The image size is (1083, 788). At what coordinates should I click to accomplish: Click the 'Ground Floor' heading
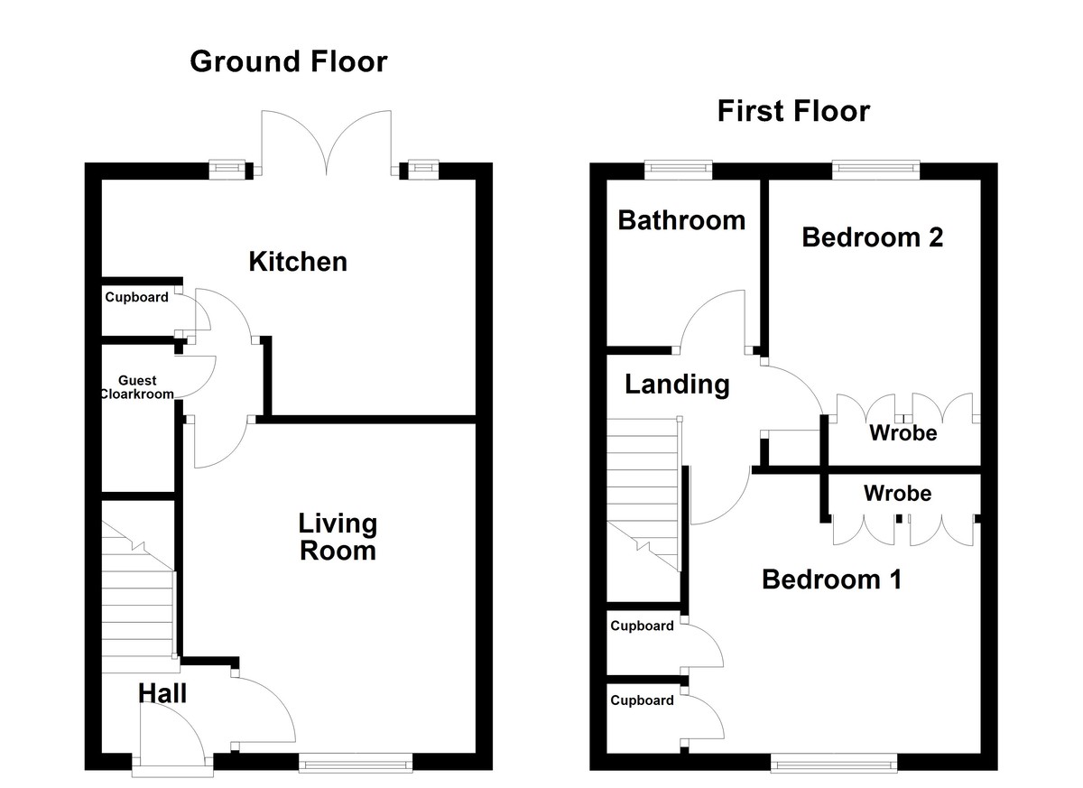click(289, 62)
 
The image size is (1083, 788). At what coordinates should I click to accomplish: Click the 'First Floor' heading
click(793, 111)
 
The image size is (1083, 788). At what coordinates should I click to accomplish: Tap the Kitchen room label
click(298, 262)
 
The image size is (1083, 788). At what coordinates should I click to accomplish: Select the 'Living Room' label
click(338, 536)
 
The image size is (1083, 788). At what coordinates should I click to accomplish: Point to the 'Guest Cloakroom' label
click(137, 387)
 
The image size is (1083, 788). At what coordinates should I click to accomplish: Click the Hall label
click(162, 693)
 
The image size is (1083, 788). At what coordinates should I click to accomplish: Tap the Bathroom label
click(681, 219)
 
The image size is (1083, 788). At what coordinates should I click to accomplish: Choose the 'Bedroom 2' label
click(872, 236)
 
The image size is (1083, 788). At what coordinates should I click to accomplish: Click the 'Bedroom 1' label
click(831, 579)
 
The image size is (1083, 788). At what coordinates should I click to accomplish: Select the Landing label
click(677, 385)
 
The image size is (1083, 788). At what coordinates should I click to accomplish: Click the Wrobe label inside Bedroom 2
click(902, 433)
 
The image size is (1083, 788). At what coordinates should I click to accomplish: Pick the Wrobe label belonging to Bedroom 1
click(897, 494)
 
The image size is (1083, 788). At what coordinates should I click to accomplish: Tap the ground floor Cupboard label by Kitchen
click(136, 297)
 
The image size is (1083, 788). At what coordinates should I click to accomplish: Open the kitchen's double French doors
click(326, 144)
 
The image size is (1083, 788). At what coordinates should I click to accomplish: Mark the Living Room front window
click(356, 764)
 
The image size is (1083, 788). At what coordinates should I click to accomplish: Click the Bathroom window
click(679, 168)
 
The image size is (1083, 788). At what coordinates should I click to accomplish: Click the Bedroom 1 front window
click(834, 764)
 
